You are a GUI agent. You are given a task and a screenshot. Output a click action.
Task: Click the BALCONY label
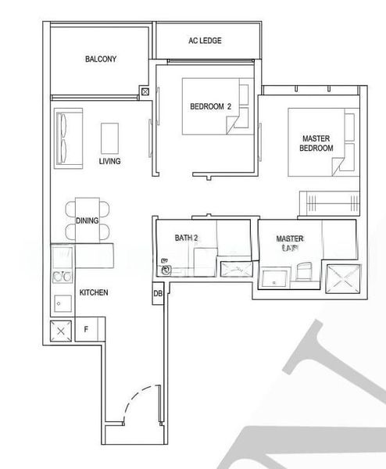(101, 59)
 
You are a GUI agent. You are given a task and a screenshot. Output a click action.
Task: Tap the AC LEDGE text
(204, 41)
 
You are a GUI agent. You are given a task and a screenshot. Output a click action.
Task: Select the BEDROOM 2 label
(211, 106)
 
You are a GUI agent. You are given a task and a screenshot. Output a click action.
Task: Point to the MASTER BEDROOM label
(317, 143)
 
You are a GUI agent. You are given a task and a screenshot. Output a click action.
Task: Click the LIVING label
(109, 162)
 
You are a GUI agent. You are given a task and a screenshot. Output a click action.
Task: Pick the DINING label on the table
(88, 220)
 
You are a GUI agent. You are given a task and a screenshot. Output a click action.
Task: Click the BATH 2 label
(186, 238)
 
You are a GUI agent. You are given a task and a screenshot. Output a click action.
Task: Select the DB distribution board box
(158, 294)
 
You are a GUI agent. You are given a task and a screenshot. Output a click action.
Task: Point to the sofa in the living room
(66, 138)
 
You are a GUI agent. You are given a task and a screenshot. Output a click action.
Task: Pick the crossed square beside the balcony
(145, 91)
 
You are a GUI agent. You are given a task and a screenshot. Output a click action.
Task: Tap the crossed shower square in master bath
(344, 277)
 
